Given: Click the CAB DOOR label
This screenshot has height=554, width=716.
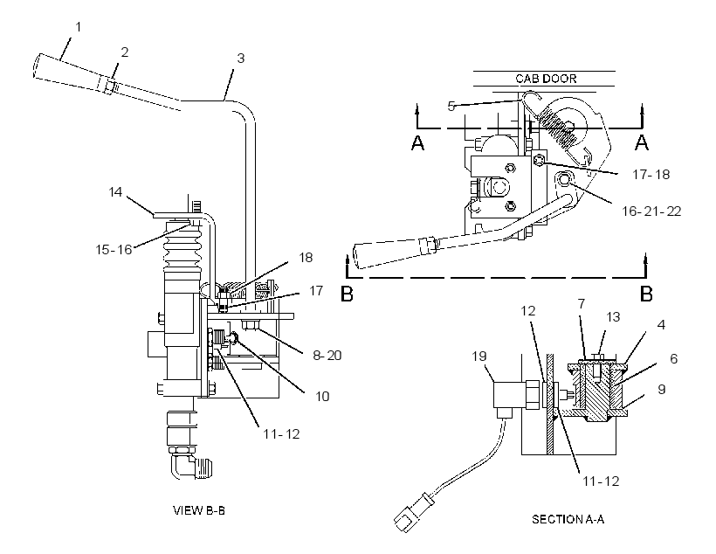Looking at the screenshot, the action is tap(546, 79).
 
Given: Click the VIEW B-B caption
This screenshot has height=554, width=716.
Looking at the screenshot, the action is tap(198, 510).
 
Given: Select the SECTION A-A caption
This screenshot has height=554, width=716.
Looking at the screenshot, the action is tap(568, 519).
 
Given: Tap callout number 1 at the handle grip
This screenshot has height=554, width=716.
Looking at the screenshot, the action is tap(78, 27).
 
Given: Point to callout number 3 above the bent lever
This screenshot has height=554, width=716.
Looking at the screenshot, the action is tap(240, 59).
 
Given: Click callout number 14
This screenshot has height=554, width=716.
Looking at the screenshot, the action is tap(115, 191).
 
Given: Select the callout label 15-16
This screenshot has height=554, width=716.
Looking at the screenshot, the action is tap(114, 250).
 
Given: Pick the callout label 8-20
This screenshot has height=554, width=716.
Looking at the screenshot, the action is tap(327, 355).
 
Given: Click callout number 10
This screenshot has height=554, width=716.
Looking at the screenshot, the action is tap(322, 396).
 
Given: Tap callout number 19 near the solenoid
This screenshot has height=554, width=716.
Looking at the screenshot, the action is tap(479, 356).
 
